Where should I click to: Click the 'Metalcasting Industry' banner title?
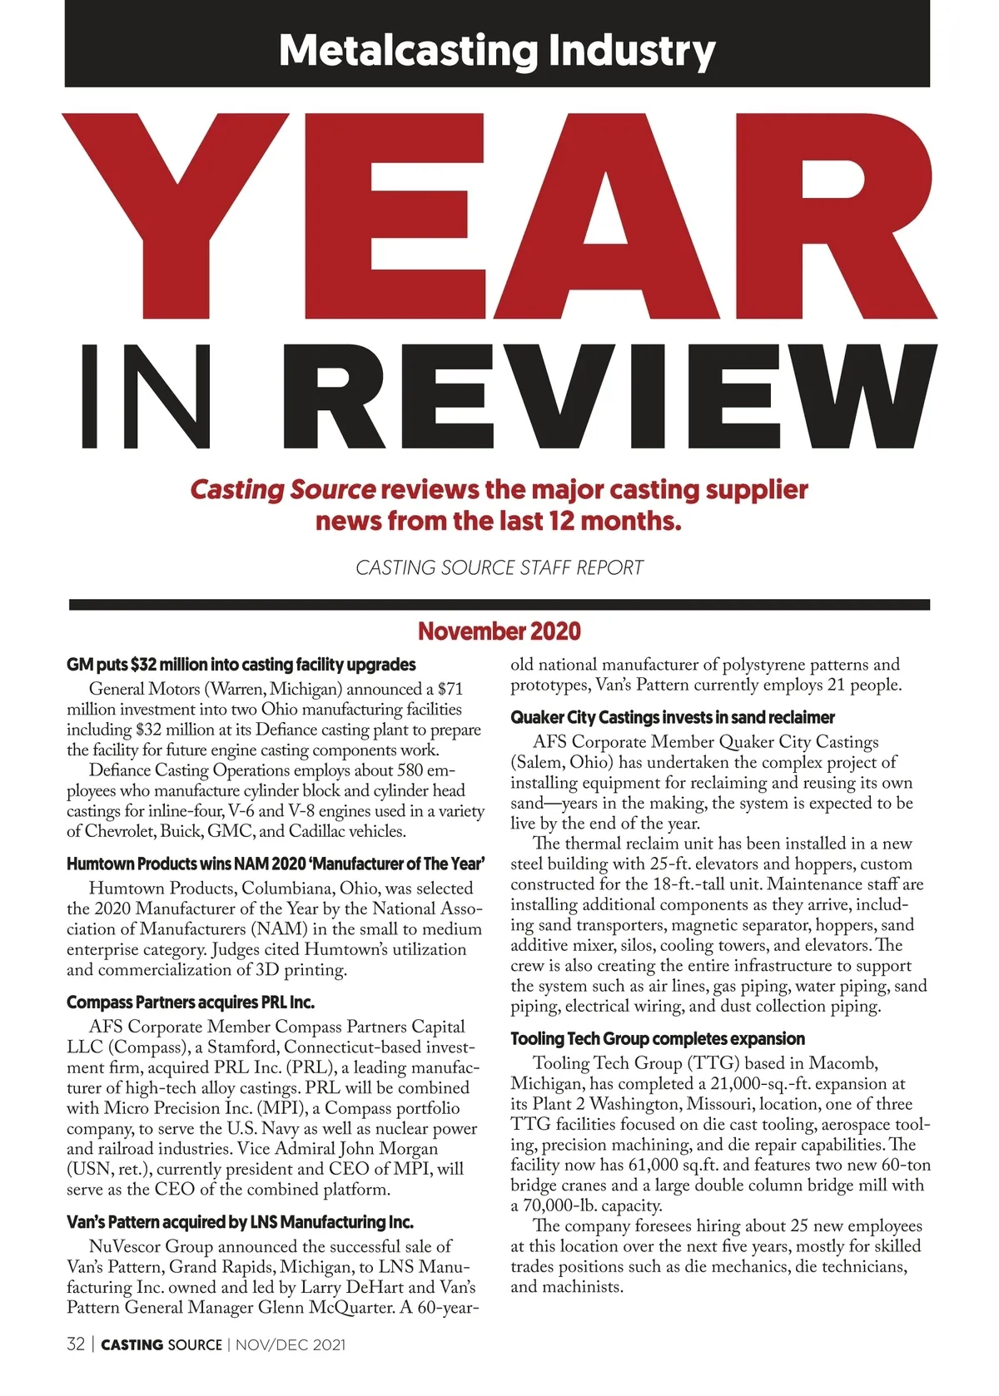(497, 50)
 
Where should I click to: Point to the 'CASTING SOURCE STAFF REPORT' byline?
(499, 567)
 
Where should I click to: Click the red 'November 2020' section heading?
(499, 631)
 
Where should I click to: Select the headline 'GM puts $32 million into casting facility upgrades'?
(241, 665)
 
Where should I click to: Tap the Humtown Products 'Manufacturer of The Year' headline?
(276, 864)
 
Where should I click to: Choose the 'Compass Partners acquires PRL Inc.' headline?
(191, 1002)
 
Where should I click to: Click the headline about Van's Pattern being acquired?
(240, 1222)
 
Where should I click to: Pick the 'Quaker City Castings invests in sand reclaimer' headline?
(673, 717)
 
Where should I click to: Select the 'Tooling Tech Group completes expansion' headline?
(658, 1038)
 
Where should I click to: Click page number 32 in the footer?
(76, 1344)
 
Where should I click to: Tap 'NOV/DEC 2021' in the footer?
(291, 1344)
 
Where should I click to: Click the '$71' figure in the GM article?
(450, 689)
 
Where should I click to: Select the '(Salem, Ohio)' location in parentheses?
(561, 762)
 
